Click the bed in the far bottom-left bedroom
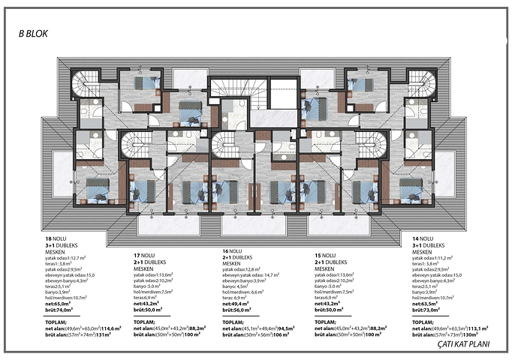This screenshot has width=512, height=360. coord(97,190)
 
